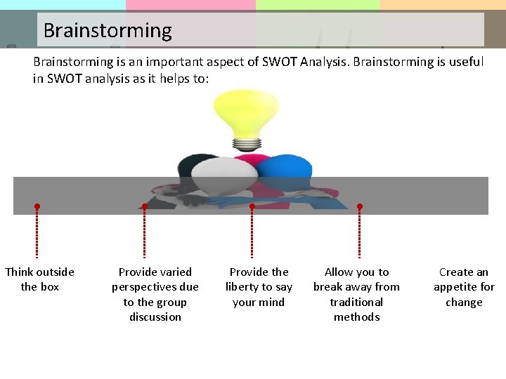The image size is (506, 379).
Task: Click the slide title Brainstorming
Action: click(x=107, y=31)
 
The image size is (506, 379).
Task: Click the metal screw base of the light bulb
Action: click(x=247, y=144)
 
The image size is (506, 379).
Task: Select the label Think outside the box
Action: click(x=39, y=279)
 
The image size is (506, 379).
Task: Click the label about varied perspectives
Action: click(x=155, y=294)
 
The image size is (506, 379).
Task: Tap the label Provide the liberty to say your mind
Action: click(x=259, y=287)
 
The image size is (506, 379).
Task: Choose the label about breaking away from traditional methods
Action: click(x=356, y=294)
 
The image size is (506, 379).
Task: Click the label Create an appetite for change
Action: click(x=464, y=287)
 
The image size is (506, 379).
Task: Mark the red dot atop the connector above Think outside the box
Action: click(x=37, y=207)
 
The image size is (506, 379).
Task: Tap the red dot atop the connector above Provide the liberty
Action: click(x=252, y=207)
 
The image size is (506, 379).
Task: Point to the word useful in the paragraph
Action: click(x=465, y=62)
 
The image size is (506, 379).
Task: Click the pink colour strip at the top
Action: click(x=190, y=5)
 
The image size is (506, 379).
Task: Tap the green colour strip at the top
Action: click(x=317, y=5)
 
